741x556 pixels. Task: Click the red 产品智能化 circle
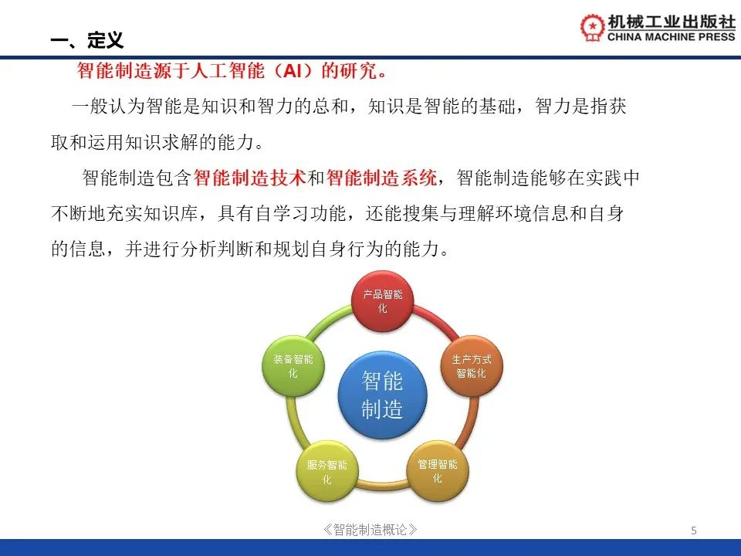click(383, 301)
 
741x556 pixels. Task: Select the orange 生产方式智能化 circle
click(471, 366)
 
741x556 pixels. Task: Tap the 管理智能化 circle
click(438, 471)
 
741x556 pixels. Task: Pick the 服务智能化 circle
click(327, 471)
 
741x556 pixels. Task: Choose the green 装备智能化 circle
click(293, 366)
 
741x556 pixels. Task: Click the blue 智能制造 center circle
click(382, 395)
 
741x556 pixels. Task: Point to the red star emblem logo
click(593, 28)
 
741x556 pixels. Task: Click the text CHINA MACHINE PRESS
click(671, 37)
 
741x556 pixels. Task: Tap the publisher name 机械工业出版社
click(672, 22)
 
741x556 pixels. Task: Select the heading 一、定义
click(87, 40)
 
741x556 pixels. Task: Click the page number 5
click(694, 531)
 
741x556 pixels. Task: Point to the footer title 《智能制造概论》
click(370, 530)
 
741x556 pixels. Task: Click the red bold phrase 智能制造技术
click(249, 178)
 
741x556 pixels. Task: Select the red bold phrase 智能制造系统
click(381, 178)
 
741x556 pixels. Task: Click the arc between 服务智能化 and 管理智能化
click(382, 484)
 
